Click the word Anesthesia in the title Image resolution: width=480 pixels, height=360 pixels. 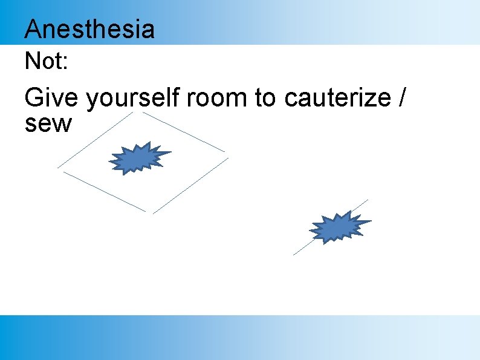[x=89, y=29]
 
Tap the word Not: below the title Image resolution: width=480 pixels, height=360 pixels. [x=46, y=61]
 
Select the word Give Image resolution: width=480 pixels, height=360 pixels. [x=51, y=98]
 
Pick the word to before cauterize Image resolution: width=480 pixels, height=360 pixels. [x=265, y=98]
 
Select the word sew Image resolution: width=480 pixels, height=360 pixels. [x=48, y=124]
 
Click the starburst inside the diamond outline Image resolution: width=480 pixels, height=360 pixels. [x=138, y=159]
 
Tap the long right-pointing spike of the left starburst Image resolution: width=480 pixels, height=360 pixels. [x=166, y=153]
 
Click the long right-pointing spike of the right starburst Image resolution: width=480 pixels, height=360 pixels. [x=365, y=222]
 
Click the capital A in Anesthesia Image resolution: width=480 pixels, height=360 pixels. [x=34, y=29]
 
